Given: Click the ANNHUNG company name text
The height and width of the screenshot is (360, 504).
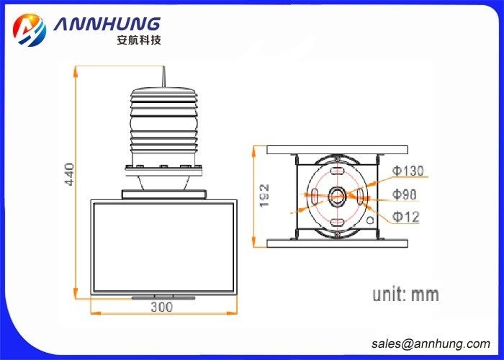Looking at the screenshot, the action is [x=107, y=24].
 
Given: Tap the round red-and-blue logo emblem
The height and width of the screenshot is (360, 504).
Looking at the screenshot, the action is [x=30, y=30].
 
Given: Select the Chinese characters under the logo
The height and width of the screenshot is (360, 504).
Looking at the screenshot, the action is [x=138, y=40].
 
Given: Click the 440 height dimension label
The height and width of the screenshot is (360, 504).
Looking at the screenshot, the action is [x=70, y=174].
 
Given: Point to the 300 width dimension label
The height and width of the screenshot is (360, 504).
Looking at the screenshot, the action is [x=162, y=307].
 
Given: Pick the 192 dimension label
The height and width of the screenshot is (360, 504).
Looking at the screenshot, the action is [x=264, y=196].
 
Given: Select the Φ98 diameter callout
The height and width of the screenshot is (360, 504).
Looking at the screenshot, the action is [x=404, y=194].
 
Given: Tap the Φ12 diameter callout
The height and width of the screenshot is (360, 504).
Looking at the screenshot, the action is [x=405, y=217].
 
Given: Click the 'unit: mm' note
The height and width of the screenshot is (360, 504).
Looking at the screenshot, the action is [x=405, y=294].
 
